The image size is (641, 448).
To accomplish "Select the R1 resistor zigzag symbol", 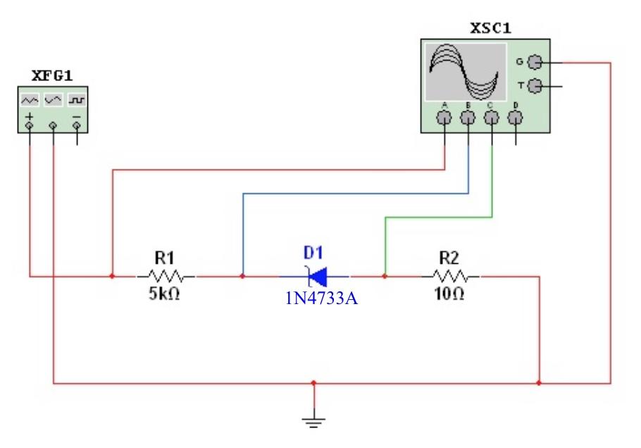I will [167, 276].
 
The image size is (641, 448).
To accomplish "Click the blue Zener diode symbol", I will [314, 276].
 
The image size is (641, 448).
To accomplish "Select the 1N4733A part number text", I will [322, 298].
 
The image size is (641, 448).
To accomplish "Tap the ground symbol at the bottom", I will [314, 421].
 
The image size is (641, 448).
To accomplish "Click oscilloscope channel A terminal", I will [444, 119].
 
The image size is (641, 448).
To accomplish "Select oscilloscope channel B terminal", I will [468, 119].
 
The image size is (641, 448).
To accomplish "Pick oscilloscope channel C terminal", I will [492, 119].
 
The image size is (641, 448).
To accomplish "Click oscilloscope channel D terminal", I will [516, 119].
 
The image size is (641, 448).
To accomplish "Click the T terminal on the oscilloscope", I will [535, 86].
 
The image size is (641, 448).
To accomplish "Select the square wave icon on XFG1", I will [76, 101].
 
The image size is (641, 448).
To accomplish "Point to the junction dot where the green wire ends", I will [385, 276].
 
